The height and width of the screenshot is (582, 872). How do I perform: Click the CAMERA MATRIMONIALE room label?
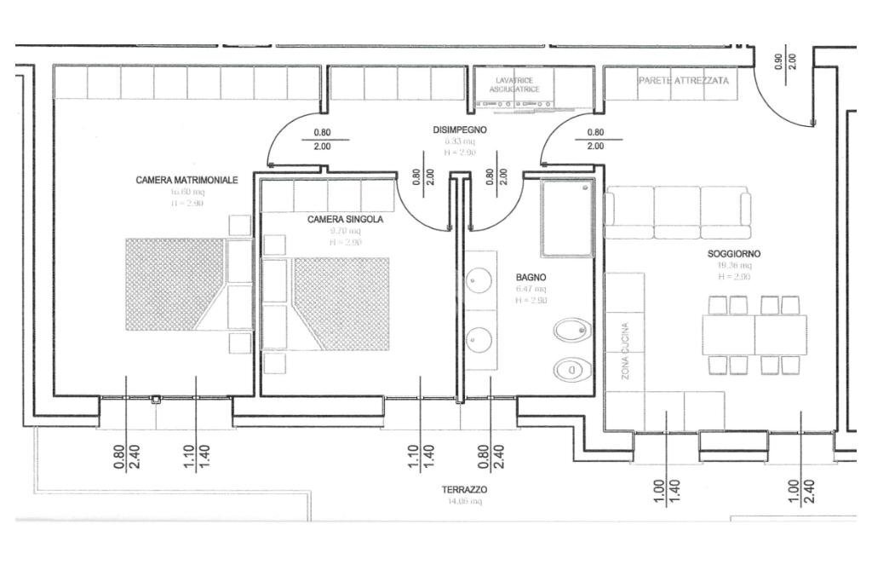(186, 181)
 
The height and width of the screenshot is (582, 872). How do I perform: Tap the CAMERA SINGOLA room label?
(345, 220)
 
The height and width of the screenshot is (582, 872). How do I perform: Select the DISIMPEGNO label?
(460, 130)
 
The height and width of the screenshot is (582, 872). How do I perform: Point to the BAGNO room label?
(531, 278)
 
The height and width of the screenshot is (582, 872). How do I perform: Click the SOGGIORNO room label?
(733, 254)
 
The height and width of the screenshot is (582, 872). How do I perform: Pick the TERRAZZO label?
(464, 490)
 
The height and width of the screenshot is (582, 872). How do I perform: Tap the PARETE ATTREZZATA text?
(683, 80)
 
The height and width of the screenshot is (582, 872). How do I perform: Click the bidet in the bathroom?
(567, 331)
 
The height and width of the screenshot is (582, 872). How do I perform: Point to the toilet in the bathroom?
(568, 370)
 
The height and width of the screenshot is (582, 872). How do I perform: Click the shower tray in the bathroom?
(565, 217)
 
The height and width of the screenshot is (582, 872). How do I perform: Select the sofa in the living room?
(678, 212)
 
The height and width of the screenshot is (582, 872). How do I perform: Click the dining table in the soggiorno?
(754, 335)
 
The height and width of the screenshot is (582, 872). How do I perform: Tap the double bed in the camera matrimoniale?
(181, 284)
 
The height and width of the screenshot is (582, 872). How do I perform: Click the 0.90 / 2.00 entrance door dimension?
(784, 61)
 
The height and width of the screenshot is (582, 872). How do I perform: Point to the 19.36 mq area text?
(733, 265)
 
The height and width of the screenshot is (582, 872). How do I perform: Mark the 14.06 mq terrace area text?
(464, 502)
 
